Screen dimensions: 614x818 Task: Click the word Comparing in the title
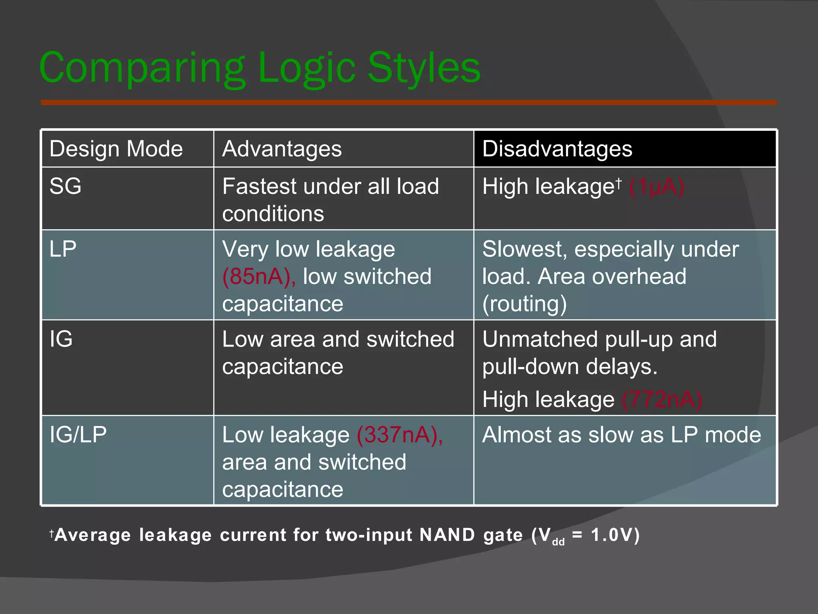click(x=142, y=69)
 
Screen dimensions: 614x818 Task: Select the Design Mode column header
click(x=116, y=149)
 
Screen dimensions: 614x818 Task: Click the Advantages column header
click(x=282, y=149)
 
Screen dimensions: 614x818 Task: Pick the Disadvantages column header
click(x=557, y=149)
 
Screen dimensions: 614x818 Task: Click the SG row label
click(x=66, y=186)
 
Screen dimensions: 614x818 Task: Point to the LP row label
click(x=63, y=249)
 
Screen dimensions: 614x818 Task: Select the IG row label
click(x=61, y=339)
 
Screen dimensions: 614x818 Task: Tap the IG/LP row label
click(x=78, y=435)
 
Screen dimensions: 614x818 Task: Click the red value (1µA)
click(x=657, y=187)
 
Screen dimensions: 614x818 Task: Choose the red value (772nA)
click(x=662, y=399)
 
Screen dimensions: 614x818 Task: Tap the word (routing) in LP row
click(x=524, y=304)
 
